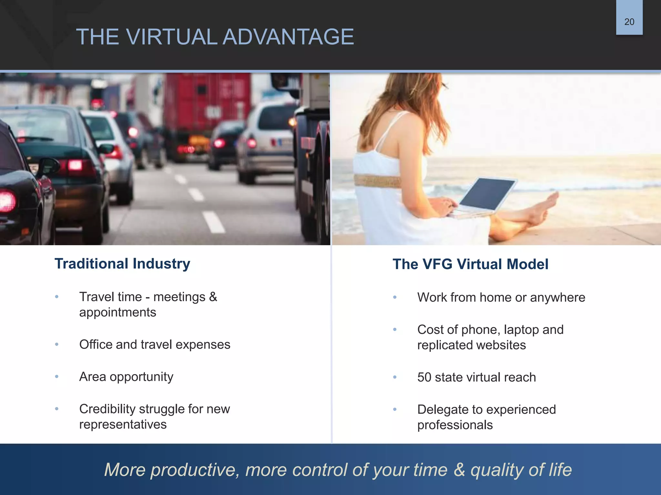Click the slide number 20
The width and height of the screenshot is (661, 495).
(x=629, y=22)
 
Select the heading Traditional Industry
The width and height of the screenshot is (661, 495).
(x=122, y=264)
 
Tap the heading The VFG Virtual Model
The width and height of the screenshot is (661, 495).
(x=470, y=264)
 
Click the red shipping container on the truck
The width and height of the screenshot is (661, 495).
(x=207, y=103)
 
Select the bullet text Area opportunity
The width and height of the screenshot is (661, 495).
(x=126, y=377)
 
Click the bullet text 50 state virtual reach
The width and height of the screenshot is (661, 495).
(x=476, y=377)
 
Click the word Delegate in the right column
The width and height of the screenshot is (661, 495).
(x=443, y=410)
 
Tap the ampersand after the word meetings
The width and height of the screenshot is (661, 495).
(x=213, y=297)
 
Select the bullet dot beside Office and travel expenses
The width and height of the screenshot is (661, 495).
(x=57, y=345)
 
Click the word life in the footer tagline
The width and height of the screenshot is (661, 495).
(x=560, y=470)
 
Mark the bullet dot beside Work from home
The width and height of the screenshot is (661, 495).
(x=395, y=297)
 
